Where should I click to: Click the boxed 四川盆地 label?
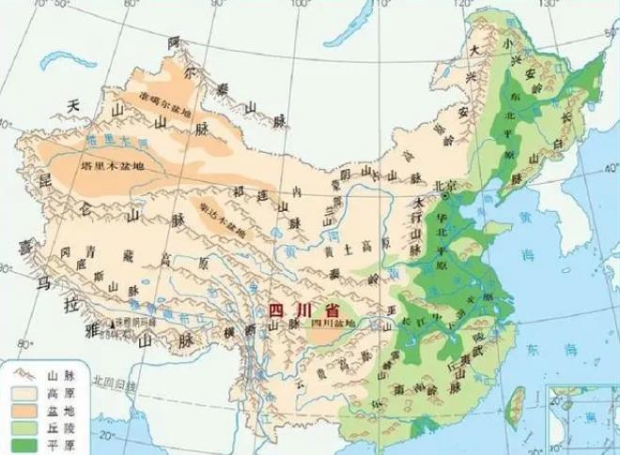pos(331,324)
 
